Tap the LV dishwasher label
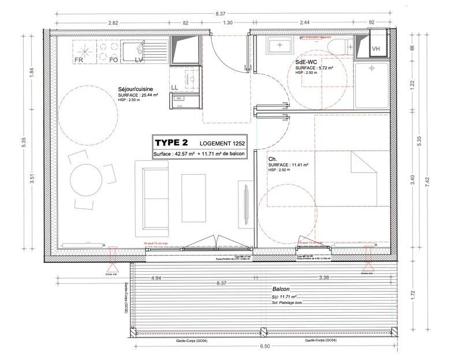pyautogui.click(x=139, y=59)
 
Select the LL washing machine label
pyautogui.click(x=174, y=88)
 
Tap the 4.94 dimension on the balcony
pyautogui.click(x=155, y=278)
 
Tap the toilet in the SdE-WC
pyautogui.click(x=337, y=46)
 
